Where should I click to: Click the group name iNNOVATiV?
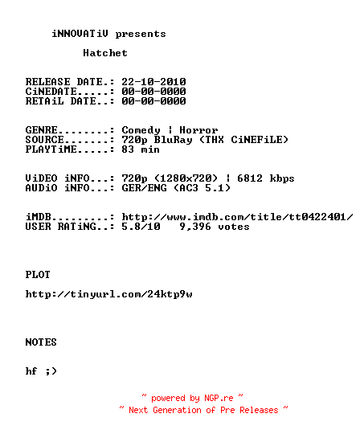[x=80, y=34]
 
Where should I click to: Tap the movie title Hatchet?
[x=105, y=53]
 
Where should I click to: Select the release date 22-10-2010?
[x=153, y=82]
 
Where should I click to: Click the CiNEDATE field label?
[x=51, y=92]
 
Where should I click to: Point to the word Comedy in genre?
[x=141, y=130]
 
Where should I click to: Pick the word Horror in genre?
[x=198, y=130]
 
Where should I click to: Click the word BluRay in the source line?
[x=173, y=140]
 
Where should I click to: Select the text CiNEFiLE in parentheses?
[x=256, y=140]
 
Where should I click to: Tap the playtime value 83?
[x=128, y=149]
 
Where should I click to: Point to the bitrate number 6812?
[x=250, y=178]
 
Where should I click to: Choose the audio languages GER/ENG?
[x=144, y=188]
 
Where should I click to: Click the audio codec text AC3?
[x=189, y=188]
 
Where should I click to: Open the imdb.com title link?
[x=237, y=217]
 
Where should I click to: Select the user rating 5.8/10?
[x=141, y=227]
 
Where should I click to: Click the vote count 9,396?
[x=195, y=227]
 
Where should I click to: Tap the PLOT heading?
[x=38, y=275]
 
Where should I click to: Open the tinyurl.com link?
[x=108, y=294]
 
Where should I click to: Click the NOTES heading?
[x=41, y=342]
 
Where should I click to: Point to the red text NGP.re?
[x=219, y=398]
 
